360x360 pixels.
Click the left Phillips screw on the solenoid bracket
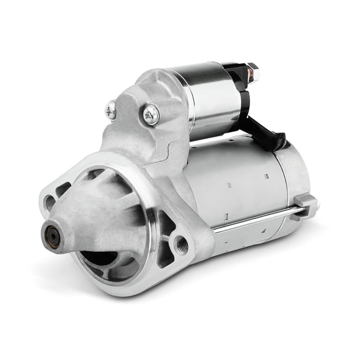pos(111,111)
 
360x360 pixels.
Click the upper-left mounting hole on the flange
pos(49,202)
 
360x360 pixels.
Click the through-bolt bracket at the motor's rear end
pos(304,203)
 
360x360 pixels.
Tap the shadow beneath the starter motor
pos(250,262)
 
